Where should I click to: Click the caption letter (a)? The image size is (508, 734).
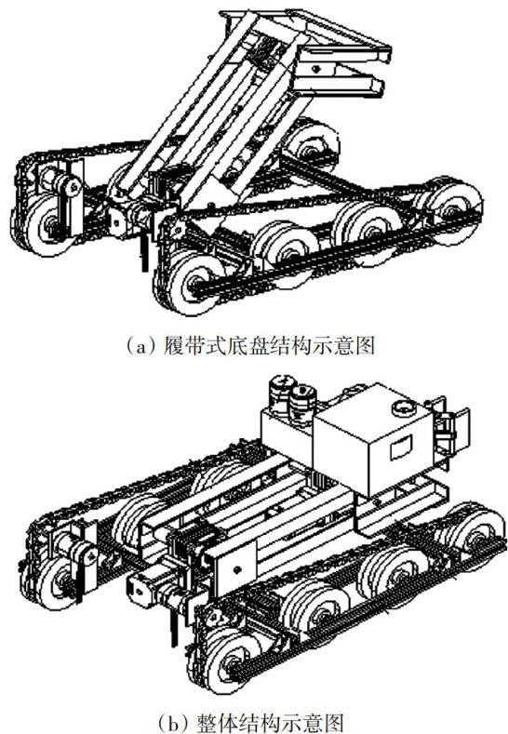(x=140, y=346)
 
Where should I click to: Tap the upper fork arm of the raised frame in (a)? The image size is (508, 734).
(x=344, y=55)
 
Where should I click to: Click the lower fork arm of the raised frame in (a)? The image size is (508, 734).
(x=340, y=86)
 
